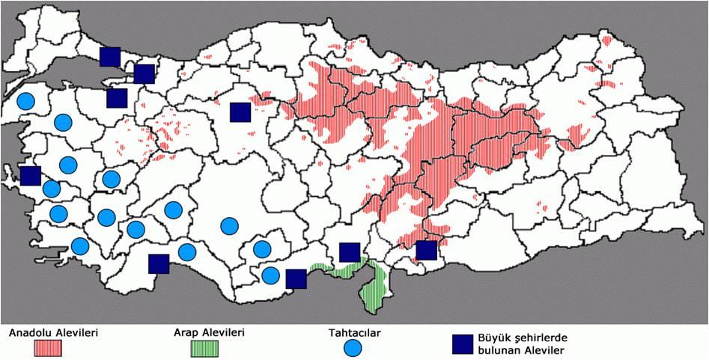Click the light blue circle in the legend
pos(353,348)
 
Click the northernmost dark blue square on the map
pos(110,56)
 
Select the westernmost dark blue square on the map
pos(30,176)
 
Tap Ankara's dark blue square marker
pos(240,112)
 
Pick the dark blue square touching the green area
pos(350,252)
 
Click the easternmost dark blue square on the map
pos(426,251)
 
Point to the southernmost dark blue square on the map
pos(296,278)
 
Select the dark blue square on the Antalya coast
pos(159,263)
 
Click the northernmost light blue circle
pos(25,101)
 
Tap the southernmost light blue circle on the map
pos(270,275)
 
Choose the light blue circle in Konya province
pos(229,225)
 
